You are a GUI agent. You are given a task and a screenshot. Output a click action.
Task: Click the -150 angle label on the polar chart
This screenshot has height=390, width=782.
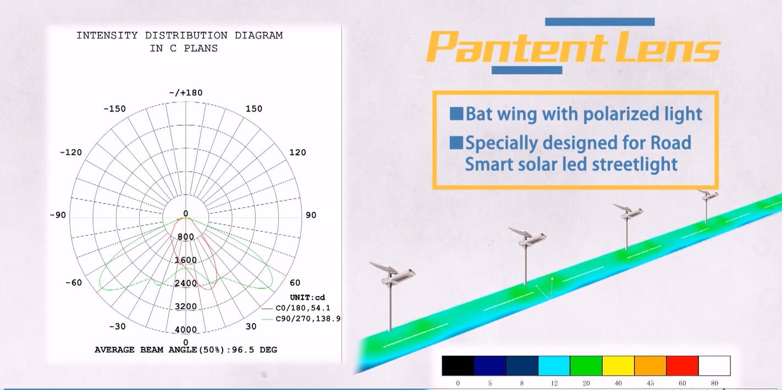[114, 109]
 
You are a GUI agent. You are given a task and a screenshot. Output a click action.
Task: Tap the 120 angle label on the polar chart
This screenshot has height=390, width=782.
[298, 153]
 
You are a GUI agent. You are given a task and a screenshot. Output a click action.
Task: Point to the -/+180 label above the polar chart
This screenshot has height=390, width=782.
[186, 93]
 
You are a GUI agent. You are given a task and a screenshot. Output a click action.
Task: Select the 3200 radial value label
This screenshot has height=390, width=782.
[186, 307]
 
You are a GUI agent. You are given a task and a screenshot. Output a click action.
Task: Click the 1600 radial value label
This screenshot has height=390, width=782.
[186, 260]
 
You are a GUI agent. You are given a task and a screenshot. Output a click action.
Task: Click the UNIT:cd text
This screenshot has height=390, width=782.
[307, 298]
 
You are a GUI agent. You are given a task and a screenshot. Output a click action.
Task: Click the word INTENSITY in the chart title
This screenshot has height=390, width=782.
[107, 36]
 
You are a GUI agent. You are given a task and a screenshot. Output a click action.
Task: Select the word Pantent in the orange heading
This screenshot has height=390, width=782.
[517, 47]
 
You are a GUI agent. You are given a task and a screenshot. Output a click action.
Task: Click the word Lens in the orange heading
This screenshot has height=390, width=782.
[668, 47]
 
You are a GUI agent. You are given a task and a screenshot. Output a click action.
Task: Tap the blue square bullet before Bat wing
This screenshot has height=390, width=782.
[456, 114]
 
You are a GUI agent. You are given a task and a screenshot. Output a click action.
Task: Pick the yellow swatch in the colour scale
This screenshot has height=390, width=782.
[618, 366]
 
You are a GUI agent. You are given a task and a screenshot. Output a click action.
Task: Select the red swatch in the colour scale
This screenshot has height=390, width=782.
[682, 366]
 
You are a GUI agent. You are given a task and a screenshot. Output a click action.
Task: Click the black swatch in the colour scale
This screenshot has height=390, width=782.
[458, 366]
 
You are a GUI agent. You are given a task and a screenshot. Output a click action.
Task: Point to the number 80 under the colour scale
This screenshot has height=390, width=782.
[714, 383]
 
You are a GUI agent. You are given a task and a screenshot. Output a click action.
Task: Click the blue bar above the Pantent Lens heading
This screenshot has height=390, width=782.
[600, 22]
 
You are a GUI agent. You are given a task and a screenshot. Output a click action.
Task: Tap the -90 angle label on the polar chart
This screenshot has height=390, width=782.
[58, 215]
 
